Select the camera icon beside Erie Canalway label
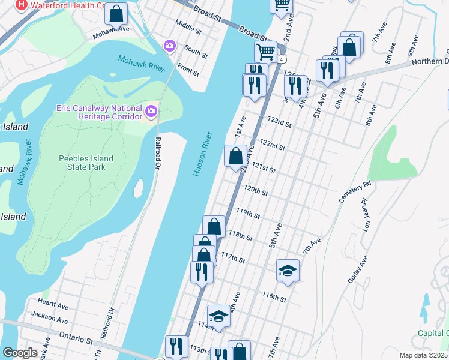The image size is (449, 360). click(151, 111)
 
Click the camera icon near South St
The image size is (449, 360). click(170, 46)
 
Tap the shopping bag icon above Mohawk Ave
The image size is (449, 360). click(116, 13)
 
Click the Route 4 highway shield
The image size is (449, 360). click(281, 59)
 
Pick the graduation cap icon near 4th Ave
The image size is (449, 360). click(218, 316)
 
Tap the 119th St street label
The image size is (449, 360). click(248, 213)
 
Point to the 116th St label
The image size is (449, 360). click(273, 296)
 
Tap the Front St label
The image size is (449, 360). click(188, 71)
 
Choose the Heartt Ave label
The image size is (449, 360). click(53, 305)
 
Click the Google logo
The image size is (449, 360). click(20, 353)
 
